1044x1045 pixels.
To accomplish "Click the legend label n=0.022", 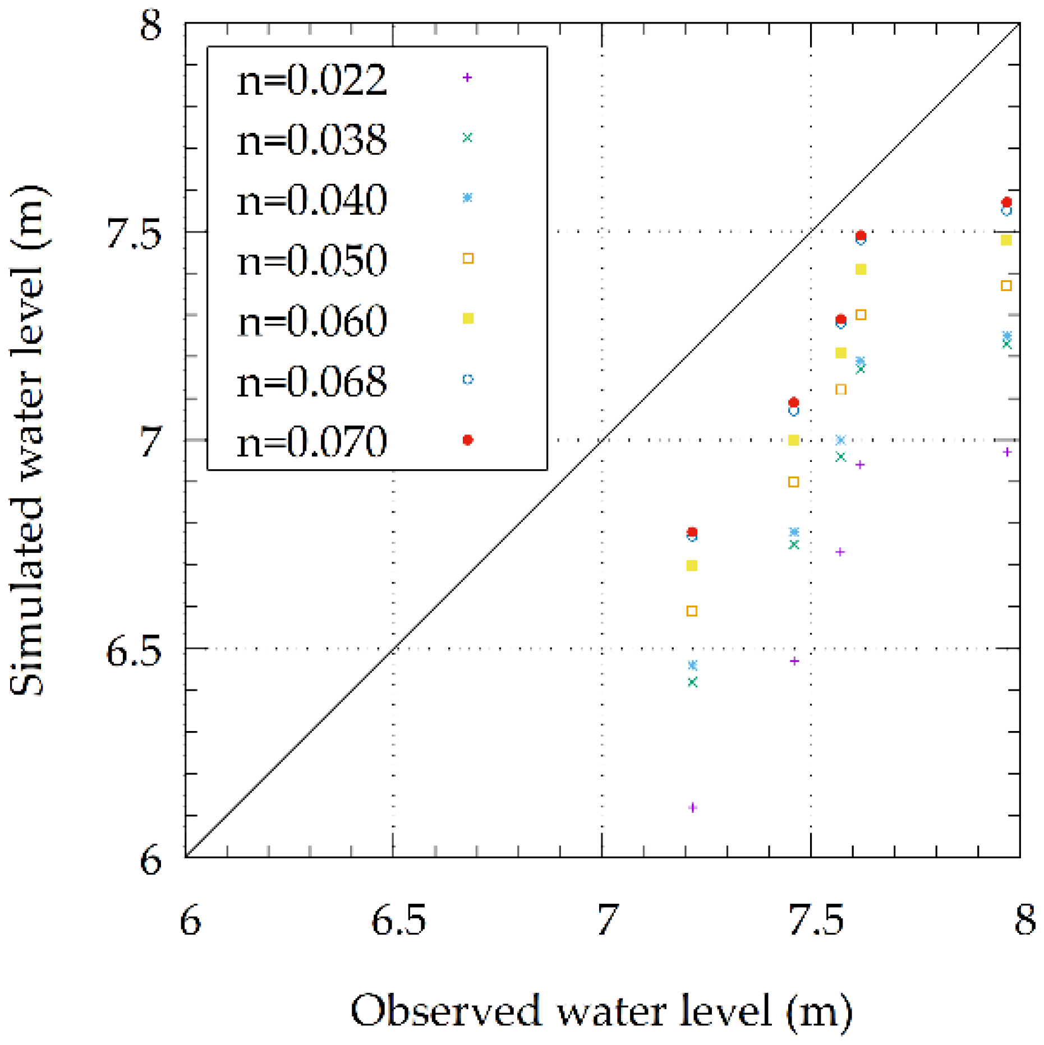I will tap(311, 80).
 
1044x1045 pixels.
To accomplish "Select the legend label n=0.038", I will tap(311, 140).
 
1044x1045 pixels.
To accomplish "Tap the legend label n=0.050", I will tap(311, 260).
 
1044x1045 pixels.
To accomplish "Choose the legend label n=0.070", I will tap(311, 442).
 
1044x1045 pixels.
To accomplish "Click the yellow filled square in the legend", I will tap(468, 318).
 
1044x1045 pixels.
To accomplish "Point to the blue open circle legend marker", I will tap(468, 380).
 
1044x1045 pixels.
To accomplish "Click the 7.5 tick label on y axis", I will tap(134, 233).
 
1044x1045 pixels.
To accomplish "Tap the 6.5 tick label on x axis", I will tap(398, 921).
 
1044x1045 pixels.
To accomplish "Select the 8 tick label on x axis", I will tap(1024, 921).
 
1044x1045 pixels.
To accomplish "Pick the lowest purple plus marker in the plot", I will tap(692, 808).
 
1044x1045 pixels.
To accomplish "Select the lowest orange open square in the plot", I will tap(692, 611).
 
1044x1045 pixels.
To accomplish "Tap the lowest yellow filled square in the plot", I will tap(692, 566).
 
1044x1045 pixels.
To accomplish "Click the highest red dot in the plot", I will tap(1006, 202).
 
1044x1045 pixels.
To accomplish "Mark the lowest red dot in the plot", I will tap(692, 531).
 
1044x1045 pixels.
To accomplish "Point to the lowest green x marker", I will tap(692, 682).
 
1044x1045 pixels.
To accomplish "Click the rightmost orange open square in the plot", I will tap(1006, 286).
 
